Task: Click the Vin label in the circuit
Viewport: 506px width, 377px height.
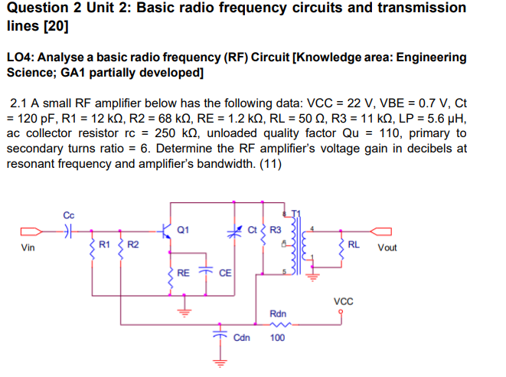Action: (28, 248)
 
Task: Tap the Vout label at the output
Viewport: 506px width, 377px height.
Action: (388, 248)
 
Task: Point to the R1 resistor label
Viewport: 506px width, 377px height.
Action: (106, 244)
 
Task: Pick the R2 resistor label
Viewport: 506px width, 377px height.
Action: (132, 244)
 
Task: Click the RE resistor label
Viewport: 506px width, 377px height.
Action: (183, 272)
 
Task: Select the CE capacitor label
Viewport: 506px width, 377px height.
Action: (224, 273)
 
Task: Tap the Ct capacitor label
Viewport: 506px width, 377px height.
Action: (255, 229)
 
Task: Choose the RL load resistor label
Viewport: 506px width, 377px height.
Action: (354, 244)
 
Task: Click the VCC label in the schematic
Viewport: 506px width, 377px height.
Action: (344, 301)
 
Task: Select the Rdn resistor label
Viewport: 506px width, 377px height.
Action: (279, 313)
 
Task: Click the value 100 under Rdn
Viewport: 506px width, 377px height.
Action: (279, 337)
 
